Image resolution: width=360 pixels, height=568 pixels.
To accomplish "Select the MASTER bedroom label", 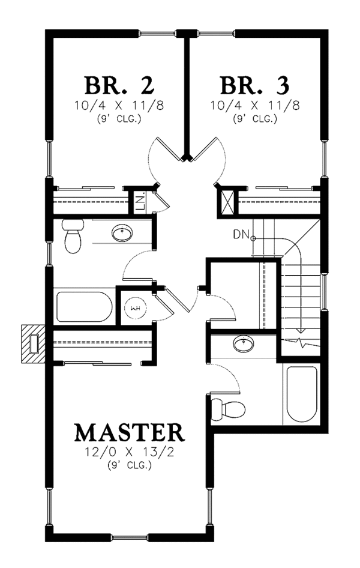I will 129,432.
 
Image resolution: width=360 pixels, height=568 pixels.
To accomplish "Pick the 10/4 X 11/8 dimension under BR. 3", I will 255,106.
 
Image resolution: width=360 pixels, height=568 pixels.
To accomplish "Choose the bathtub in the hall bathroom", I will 83,307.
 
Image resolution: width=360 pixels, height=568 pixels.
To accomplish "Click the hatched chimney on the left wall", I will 34,344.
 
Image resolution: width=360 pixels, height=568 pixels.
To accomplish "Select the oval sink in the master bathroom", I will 244,345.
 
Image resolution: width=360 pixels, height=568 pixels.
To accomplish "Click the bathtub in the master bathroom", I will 302,393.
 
